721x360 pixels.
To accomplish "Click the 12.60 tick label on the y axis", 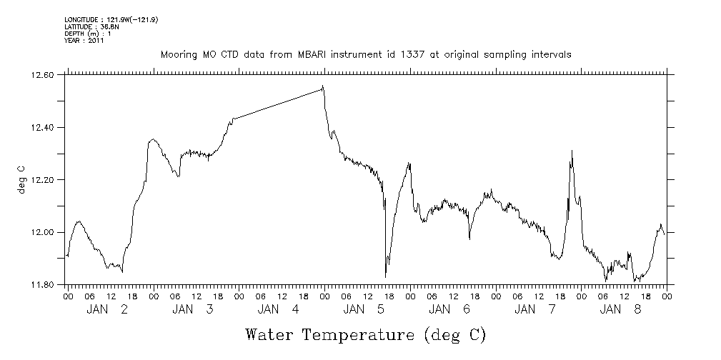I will [44, 75].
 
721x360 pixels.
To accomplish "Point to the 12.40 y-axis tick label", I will [44, 127].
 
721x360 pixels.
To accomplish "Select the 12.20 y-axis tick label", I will [44, 180].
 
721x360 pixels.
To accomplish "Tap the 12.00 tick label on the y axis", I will [44, 232].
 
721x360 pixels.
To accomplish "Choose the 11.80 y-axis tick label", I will [44, 285].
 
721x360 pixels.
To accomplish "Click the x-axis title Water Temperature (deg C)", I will [365, 334].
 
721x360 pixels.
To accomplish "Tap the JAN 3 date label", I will [193, 309].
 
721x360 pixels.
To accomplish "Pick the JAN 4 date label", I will [279, 309].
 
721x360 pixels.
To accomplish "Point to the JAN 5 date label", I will [364, 309].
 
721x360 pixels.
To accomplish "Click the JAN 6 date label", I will [450, 309].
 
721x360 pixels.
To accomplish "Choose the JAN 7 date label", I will [536, 309].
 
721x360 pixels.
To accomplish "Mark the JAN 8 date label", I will [622, 309].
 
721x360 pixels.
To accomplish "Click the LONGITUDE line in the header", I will [111, 19].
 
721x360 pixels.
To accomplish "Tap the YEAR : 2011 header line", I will [84, 41].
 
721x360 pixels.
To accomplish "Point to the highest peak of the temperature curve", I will [323, 86].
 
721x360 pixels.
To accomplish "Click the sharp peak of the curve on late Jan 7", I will [572, 151].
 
